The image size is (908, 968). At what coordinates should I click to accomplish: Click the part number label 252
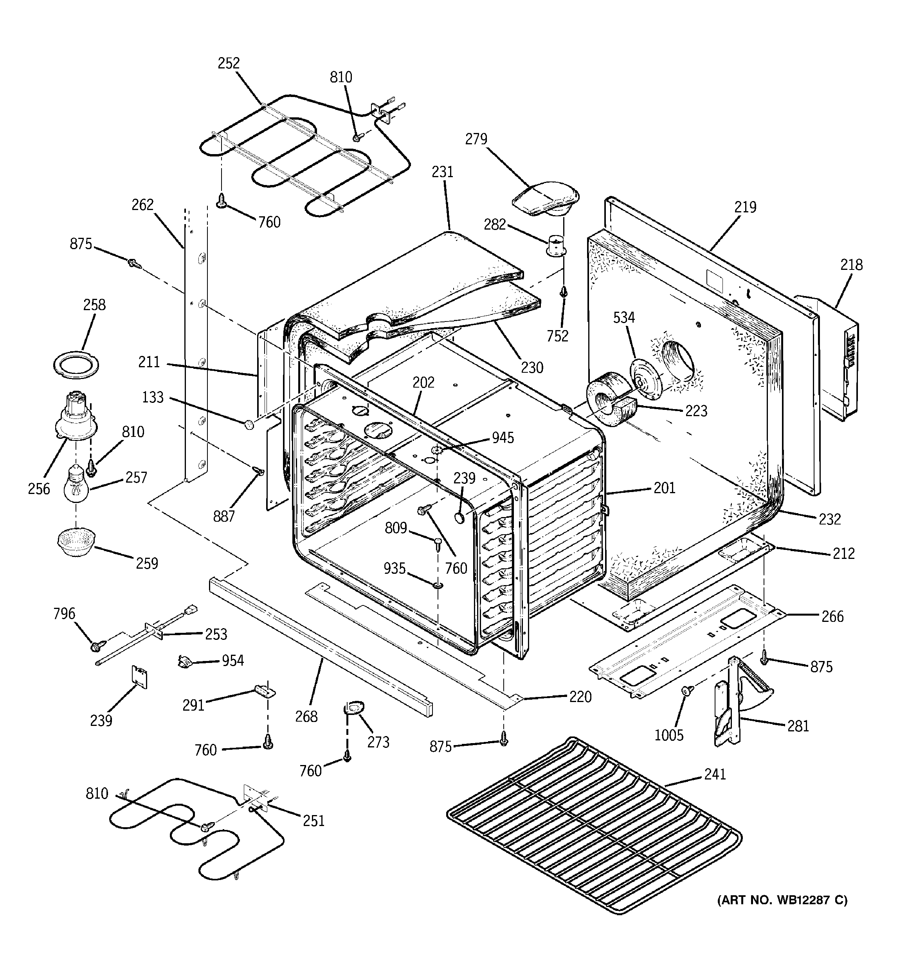229,63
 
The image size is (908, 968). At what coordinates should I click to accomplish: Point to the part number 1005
669,735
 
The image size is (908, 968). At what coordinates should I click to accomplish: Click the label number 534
624,318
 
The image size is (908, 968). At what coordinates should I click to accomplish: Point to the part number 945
503,438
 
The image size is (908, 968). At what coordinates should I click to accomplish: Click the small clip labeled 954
184,662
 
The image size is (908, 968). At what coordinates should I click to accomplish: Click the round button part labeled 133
250,425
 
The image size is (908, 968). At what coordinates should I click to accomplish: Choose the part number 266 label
832,616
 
